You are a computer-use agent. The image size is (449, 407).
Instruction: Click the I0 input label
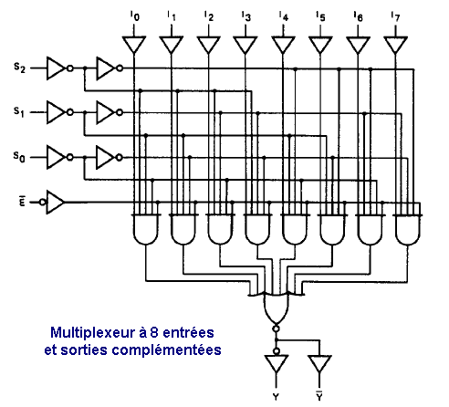(x=134, y=16)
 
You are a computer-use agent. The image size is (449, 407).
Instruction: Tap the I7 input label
(x=395, y=16)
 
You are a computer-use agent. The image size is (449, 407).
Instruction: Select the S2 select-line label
(x=19, y=68)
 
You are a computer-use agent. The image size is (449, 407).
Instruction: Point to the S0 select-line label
(x=19, y=157)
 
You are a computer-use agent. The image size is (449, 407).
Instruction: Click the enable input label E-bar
(x=22, y=202)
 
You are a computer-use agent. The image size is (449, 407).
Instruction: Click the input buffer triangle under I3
(x=245, y=45)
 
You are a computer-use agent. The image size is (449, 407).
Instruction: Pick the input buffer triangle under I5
(x=320, y=45)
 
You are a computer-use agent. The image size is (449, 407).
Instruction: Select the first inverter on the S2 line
(x=59, y=68)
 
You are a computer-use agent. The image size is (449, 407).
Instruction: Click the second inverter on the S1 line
(x=110, y=112)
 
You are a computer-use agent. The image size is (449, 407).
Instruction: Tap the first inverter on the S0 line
(x=59, y=157)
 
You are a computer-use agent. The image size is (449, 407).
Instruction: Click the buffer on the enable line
(x=53, y=203)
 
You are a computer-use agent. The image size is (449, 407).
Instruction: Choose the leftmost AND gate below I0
(x=146, y=229)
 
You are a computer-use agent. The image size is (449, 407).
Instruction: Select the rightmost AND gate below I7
(x=408, y=229)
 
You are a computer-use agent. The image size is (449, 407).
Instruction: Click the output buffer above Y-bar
(x=319, y=364)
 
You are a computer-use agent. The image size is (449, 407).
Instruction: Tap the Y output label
(x=276, y=397)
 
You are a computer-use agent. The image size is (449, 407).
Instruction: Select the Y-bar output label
(x=319, y=395)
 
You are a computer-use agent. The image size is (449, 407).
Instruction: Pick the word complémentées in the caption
(x=167, y=350)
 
